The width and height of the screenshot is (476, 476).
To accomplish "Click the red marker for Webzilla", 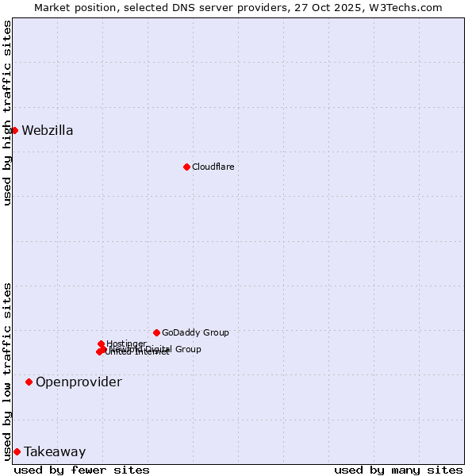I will (14, 130).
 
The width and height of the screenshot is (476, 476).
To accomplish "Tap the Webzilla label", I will (48, 131).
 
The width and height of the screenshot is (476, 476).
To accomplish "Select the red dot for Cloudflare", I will (186, 167).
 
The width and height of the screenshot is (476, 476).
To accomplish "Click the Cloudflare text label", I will (213, 167).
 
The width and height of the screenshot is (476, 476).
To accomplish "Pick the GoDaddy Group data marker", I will (156, 332).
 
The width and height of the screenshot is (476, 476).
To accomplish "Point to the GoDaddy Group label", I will (195, 332).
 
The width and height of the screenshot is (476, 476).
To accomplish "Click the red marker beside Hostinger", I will (101, 344).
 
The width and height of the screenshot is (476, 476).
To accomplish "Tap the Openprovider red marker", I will (29, 382).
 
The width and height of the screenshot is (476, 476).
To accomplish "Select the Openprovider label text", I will (79, 382).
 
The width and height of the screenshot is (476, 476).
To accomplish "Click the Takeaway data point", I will (17, 451).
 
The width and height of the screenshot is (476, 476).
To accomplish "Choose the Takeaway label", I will (55, 452).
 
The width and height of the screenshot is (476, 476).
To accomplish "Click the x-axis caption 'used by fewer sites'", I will (82, 470).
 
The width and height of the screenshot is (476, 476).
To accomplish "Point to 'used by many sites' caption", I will (398, 470).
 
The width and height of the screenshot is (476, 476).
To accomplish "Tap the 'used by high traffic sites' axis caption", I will (8, 113).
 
